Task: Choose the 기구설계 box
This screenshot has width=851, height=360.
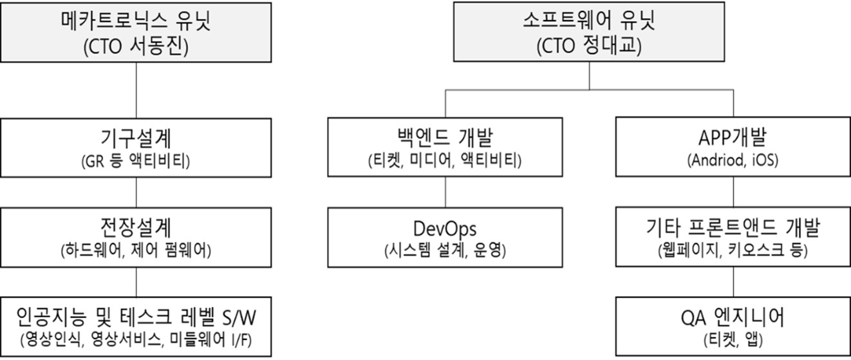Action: tap(136, 147)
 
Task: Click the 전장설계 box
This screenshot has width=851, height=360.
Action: tap(136, 237)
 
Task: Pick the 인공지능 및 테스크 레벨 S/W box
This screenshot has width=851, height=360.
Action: tap(136, 327)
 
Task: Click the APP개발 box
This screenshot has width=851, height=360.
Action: tap(733, 147)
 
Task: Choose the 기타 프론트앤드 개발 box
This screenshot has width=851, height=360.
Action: tap(733, 237)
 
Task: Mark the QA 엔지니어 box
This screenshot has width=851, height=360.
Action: tap(733, 327)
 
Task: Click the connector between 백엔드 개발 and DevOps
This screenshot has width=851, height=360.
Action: tap(446, 192)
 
